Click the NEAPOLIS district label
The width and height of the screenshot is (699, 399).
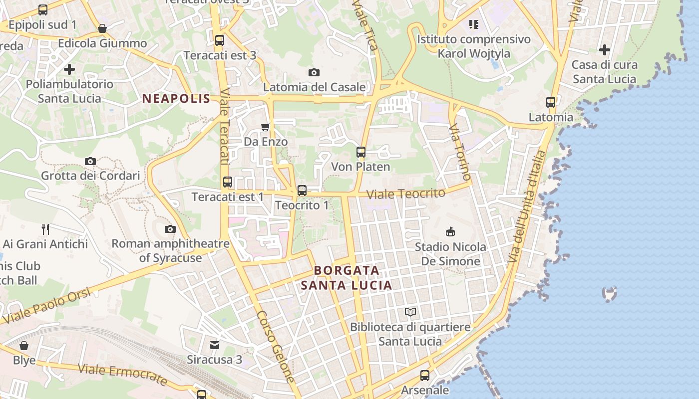point(176,99)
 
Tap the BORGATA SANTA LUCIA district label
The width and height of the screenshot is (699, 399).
point(346,278)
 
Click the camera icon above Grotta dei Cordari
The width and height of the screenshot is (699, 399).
point(90,161)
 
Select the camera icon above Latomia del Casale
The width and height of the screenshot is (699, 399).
point(314,73)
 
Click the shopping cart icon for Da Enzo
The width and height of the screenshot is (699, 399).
point(266,127)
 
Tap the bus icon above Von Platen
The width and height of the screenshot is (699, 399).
point(360,152)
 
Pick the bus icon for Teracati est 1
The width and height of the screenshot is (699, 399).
point(228,182)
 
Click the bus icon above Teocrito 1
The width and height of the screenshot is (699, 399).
point(302,190)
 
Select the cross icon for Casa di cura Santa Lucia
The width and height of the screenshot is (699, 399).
point(605,50)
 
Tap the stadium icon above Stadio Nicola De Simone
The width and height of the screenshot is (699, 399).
point(450,232)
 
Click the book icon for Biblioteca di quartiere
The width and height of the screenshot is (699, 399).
point(410,312)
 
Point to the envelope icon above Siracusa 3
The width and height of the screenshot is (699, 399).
point(214,345)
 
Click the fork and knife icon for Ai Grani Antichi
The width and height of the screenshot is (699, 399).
point(45,229)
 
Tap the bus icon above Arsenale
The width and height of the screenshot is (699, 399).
point(424,375)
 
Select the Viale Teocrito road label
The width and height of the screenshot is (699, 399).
point(405,194)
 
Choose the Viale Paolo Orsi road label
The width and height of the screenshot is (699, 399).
point(47,305)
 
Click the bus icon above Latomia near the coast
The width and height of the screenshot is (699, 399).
point(551,102)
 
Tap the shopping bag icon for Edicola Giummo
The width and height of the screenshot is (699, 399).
point(102,28)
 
